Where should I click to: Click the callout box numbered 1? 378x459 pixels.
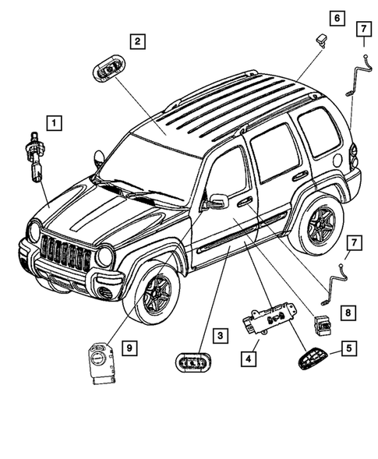(54, 122)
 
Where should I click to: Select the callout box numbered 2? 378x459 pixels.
(136, 42)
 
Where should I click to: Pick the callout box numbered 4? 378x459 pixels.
(247, 359)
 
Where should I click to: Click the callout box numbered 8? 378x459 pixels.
(349, 312)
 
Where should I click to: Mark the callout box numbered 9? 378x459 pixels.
(128, 346)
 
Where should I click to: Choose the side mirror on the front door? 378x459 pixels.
(215, 202)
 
